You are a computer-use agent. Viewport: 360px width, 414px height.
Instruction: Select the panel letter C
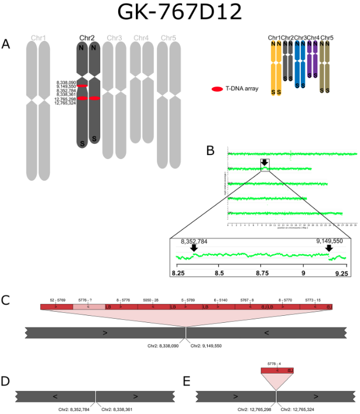(x=6, y=301)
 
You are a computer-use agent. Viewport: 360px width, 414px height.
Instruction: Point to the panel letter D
(x=6, y=381)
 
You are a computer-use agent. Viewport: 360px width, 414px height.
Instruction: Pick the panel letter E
(x=188, y=381)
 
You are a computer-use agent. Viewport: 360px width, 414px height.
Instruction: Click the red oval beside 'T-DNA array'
(x=217, y=89)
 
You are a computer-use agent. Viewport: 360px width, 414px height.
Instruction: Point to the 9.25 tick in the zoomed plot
(x=341, y=272)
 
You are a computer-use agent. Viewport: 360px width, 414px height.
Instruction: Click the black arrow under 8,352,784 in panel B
(x=194, y=248)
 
